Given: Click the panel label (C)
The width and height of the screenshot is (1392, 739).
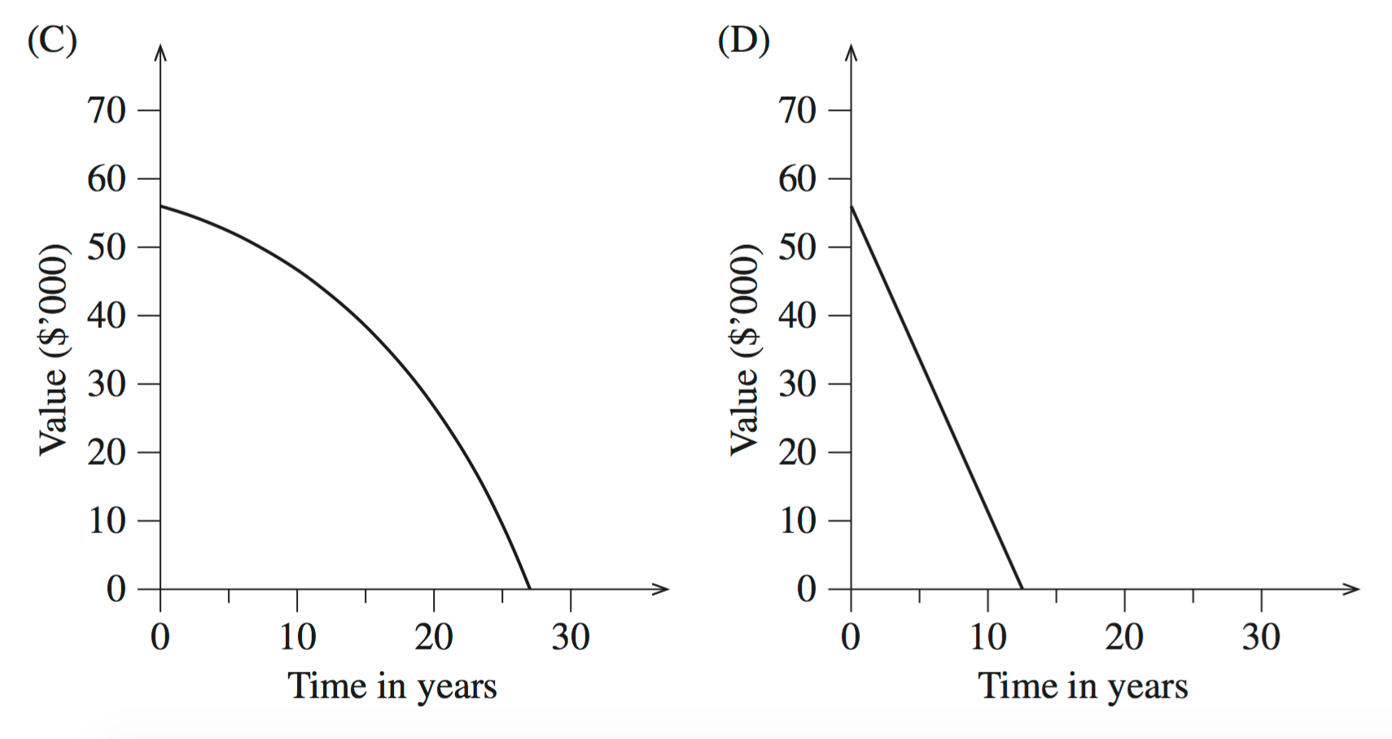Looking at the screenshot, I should click(x=51, y=40).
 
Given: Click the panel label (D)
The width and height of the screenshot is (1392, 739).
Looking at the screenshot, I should click(x=743, y=40).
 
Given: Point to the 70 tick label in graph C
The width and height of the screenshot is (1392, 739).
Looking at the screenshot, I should click(x=107, y=110).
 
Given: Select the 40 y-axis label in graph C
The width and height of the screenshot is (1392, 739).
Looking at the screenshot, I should click(x=107, y=315).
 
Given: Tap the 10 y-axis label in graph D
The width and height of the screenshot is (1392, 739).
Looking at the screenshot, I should click(x=798, y=520).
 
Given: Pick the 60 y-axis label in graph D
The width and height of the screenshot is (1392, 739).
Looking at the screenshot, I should click(x=798, y=178).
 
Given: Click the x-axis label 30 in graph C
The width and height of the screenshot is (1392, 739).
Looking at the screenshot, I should click(x=571, y=636).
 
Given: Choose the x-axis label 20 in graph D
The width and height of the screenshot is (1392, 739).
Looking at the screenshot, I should click(x=1124, y=636).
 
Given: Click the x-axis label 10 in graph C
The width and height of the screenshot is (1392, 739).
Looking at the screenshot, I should click(x=297, y=636).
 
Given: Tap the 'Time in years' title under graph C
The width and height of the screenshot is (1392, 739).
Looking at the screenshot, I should click(x=392, y=685).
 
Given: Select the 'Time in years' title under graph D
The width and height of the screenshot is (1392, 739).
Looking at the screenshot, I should click(x=1083, y=685).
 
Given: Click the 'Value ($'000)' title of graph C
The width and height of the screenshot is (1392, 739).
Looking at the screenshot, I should click(x=54, y=349).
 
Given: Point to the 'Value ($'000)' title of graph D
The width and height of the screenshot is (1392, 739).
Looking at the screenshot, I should click(x=745, y=349).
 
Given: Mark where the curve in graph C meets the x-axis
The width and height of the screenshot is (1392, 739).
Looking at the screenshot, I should click(x=530, y=588).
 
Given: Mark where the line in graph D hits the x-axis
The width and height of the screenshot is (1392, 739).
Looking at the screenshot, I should click(x=1022, y=588).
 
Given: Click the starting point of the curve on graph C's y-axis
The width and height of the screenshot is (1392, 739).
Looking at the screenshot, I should click(x=160, y=206).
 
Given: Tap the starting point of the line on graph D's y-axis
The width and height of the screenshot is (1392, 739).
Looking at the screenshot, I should click(x=851, y=206).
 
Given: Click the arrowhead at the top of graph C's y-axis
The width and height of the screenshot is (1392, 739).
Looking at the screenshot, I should click(x=160, y=51).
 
